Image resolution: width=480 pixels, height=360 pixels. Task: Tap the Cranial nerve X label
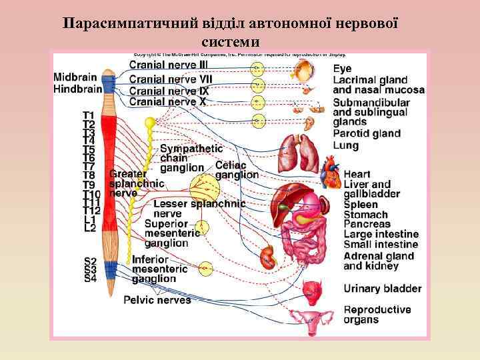point(167,101)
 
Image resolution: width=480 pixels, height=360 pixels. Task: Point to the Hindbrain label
point(78,88)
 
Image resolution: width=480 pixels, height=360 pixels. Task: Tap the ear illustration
point(309,123)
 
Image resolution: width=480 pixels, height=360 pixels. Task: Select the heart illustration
point(331,175)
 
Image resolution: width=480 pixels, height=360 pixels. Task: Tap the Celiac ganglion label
point(237,170)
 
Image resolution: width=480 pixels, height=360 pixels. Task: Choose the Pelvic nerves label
point(157,300)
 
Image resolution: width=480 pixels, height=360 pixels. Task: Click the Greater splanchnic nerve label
point(135,183)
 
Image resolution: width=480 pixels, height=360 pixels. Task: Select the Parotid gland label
point(367,133)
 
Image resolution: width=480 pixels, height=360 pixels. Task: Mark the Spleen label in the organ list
point(361,205)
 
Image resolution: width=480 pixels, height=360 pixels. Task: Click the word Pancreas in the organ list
point(367,225)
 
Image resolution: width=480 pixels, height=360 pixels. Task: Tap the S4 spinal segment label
point(90,279)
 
